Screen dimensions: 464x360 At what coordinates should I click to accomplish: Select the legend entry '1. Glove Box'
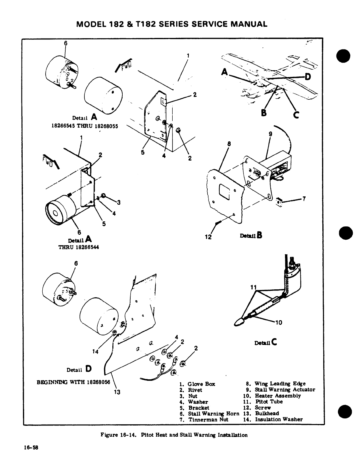(197, 384)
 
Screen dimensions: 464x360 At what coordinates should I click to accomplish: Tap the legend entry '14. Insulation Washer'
(273, 419)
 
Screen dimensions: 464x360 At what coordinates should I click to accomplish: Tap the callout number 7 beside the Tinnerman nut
(304, 199)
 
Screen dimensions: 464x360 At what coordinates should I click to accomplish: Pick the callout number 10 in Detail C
(278, 323)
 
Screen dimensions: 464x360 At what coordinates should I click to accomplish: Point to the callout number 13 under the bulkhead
(117, 392)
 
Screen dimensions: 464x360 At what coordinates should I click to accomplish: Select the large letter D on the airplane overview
(308, 77)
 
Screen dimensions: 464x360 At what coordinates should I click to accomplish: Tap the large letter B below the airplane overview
(264, 113)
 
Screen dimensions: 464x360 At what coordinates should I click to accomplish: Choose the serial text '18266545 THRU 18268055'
(85, 126)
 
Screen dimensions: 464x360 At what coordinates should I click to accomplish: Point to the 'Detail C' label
(266, 342)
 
